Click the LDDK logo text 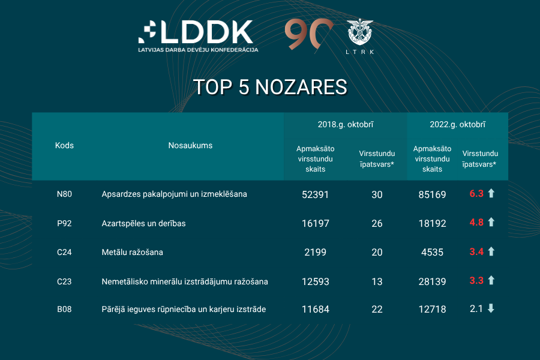[x=204, y=32]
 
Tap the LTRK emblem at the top [x=360, y=34]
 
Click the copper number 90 [x=308, y=34]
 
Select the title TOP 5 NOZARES [x=270, y=87]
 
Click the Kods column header [x=64, y=146]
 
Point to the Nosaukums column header [x=190, y=146]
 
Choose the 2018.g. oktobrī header [x=346, y=125]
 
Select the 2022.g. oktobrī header [x=457, y=125]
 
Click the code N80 [x=64, y=194]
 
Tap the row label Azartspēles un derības [x=144, y=223]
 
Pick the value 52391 [x=315, y=194]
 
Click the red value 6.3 [x=476, y=194]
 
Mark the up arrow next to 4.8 [x=491, y=223]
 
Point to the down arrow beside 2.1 [x=491, y=308]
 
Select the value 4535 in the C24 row [x=432, y=252]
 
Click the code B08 [x=64, y=310]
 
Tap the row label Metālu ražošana [x=133, y=252]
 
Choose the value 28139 [x=432, y=281]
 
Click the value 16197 [x=315, y=223]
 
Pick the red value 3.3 [x=476, y=280]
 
